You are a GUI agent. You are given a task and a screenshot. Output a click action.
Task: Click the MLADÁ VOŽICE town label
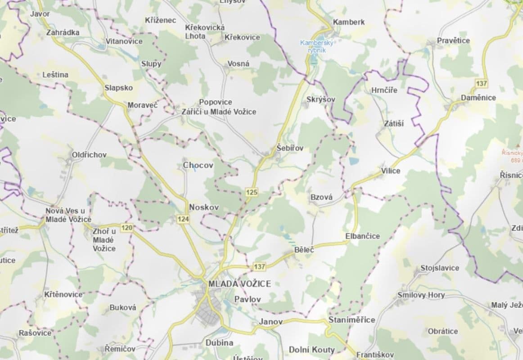(239, 284)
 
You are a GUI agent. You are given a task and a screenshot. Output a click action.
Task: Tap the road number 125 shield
(252, 193)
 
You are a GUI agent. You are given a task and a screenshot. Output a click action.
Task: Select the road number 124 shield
(183, 219)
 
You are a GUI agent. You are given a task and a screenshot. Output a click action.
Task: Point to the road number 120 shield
(127, 228)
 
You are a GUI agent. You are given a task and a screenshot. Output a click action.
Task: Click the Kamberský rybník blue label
(316, 46)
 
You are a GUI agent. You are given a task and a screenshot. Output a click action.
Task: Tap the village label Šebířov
(290, 148)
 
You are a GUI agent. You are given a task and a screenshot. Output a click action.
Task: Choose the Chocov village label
(198, 165)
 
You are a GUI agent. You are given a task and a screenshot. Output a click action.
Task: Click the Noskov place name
(204, 207)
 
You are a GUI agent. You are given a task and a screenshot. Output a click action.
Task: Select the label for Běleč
(304, 249)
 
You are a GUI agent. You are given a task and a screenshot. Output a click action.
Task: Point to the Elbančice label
(362, 236)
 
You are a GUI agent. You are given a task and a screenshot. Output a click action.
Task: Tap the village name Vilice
(390, 171)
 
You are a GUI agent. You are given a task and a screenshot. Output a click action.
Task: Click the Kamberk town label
(349, 22)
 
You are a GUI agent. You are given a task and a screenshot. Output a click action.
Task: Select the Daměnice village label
(478, 98)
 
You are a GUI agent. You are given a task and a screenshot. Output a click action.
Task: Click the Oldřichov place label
(90, 155)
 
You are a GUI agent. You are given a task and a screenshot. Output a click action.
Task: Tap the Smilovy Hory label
(421, 295)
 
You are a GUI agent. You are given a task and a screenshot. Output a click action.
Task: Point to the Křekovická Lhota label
(205, 31)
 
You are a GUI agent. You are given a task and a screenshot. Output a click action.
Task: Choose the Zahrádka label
(63, 32)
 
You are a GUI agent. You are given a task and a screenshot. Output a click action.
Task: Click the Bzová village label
(321, 197)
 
